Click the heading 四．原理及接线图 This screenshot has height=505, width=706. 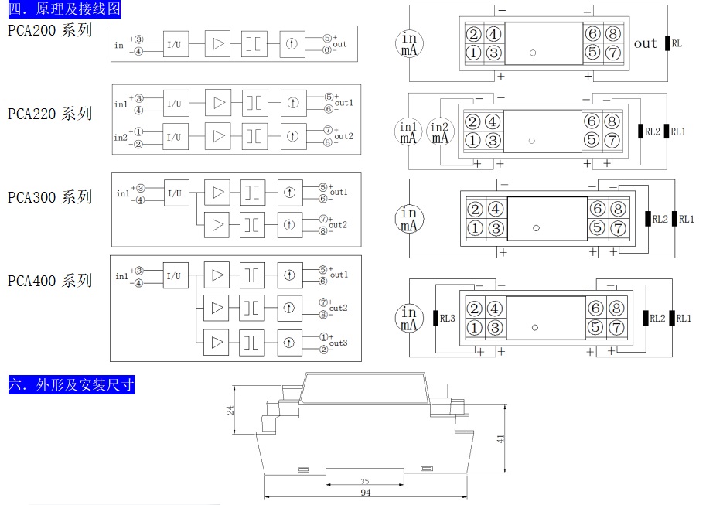pos(65,10)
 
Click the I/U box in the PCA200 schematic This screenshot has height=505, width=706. pos(175,45)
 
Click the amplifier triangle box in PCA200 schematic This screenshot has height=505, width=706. pos(218,44)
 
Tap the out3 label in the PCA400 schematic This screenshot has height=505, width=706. pos(338,343)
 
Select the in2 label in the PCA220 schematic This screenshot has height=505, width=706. pos(121,138)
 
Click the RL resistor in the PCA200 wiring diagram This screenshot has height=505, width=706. pos(666,44)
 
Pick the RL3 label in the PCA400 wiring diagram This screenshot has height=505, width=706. pos(448,317)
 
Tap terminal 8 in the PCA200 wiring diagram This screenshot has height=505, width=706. pos(612,34)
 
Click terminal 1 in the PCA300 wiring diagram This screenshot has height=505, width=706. pos(476,228)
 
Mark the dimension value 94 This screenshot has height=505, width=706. pos(366,493)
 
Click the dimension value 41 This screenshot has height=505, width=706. pos(501,438)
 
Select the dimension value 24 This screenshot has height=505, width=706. pos(230,411)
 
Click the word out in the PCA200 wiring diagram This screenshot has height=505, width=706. pos(645,44)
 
